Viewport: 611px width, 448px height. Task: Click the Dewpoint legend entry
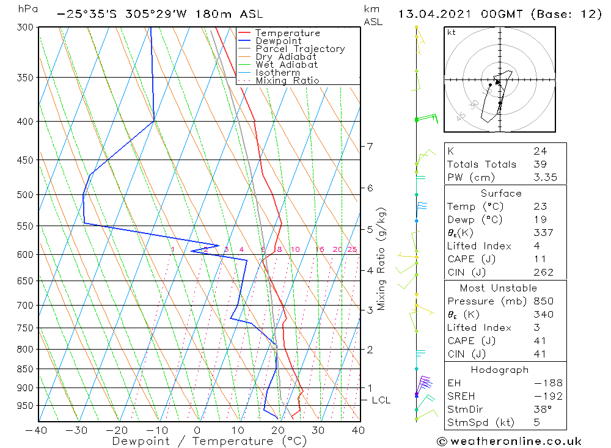(278, 41)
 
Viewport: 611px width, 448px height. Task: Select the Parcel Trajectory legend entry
(300, 49)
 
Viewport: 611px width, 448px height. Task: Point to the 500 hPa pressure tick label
(25, 195)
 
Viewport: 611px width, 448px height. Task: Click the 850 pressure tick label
(25, 369)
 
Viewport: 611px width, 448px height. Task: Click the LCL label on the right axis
(381, 400)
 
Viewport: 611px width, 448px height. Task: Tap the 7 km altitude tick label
(370, 146)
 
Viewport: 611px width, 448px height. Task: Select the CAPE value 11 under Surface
(540, 259)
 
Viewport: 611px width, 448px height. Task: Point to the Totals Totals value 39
(540, 164)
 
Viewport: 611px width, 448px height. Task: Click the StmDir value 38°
(543, 409)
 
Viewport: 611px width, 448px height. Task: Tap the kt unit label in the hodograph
(452, 32)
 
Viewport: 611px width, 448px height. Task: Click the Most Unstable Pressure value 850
(543, 301)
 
